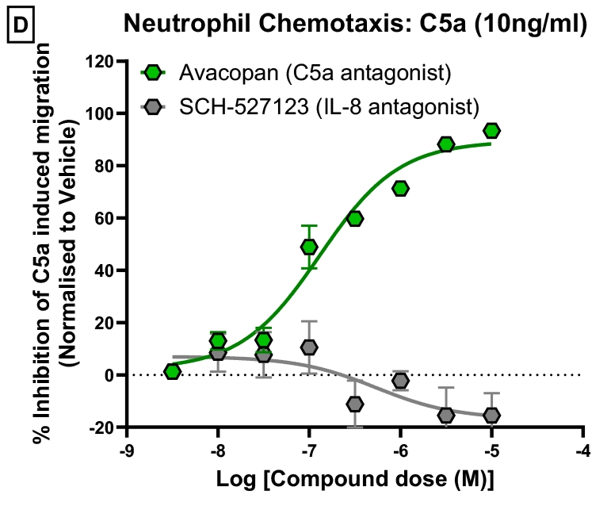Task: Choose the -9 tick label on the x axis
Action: (x=125, y=449)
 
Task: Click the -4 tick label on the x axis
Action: (x=583, y=449)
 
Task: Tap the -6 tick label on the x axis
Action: (x=400, y=449)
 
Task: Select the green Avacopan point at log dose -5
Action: (x=491, y=131)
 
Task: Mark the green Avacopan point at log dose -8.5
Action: (x=172, y=371)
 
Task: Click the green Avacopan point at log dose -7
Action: (x=309, y=247)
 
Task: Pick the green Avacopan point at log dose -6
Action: (x=400, y=188)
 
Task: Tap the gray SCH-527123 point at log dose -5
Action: (x=491, y=415)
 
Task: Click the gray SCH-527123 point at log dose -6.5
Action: (x=355, y=404)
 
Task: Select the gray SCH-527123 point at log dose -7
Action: (x=309, y=347)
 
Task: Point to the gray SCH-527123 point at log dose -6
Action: (x=400, y=381)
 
